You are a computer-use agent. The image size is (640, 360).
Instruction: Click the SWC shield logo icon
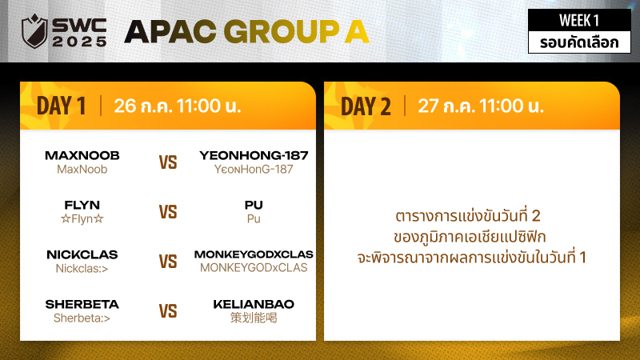point(34,31)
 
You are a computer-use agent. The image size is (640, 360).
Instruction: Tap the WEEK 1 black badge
point(579,20)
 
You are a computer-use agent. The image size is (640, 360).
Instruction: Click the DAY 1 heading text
point(62,106)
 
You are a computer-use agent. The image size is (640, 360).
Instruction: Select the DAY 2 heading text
point(366,106)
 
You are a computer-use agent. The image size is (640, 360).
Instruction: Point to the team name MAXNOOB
point(82,155)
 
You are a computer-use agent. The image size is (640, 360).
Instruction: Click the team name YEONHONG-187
point(254,155)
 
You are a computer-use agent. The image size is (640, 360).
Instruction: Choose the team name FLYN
point(82,205)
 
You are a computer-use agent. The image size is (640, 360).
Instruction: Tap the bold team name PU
point(254,205)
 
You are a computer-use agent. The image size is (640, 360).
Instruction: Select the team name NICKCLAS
point(82,254)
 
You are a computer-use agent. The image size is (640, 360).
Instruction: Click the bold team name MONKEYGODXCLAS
point(254,254)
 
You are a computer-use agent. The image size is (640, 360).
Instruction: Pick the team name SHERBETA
point(82,304)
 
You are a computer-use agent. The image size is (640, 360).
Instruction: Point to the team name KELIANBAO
point(254,304)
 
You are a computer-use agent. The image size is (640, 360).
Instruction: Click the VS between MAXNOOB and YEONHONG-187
point(168,162)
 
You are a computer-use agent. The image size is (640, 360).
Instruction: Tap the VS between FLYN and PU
point(168,212)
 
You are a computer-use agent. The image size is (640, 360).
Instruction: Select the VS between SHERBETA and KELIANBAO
point(168,311)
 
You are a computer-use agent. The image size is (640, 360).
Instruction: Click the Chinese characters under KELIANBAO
point(254,318)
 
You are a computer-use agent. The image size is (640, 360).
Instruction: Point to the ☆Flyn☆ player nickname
point(82,218)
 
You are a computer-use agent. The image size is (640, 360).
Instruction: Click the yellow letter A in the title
point(357,31)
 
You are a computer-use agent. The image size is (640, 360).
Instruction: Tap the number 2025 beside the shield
point(79,42)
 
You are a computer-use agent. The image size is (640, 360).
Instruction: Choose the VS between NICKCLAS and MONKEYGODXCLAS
point(168,262)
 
